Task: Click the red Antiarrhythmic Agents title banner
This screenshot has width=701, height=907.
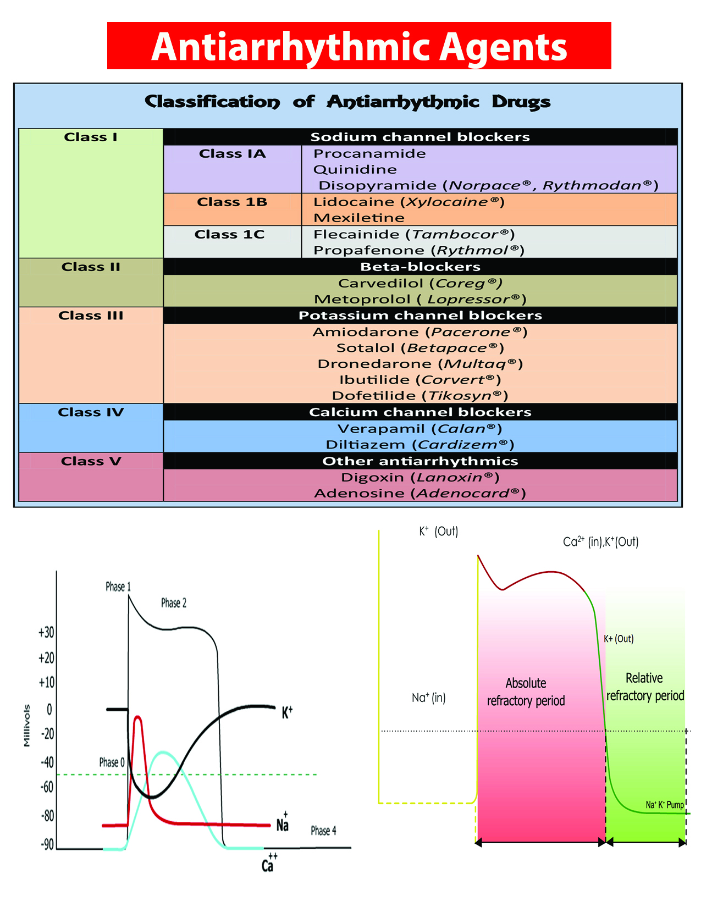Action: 359,46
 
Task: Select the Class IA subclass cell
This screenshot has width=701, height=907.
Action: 232,154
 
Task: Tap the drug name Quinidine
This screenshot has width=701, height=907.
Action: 355,169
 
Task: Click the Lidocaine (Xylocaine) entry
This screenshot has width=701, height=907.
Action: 409,202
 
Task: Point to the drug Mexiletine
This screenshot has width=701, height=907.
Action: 358,218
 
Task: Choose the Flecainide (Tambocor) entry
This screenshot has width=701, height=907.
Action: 413,234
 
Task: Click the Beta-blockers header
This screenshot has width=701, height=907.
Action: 420,267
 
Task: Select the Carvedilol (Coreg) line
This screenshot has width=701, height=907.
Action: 420,283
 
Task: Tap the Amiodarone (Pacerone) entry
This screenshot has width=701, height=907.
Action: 420,332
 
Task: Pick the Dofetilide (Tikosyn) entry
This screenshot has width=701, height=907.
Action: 420,396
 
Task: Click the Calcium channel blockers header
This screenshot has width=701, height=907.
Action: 420,412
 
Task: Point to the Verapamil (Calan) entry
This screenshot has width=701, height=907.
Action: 420,429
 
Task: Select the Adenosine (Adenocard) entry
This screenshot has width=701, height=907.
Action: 420,493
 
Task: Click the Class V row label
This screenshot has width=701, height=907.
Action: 91,461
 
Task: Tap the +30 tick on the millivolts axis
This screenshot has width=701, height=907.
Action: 46,632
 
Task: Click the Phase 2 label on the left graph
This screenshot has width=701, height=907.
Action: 174,603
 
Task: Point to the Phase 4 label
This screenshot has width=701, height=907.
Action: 323,830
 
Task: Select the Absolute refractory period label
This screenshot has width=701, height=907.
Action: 526,692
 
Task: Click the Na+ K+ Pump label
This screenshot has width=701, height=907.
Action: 665,805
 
